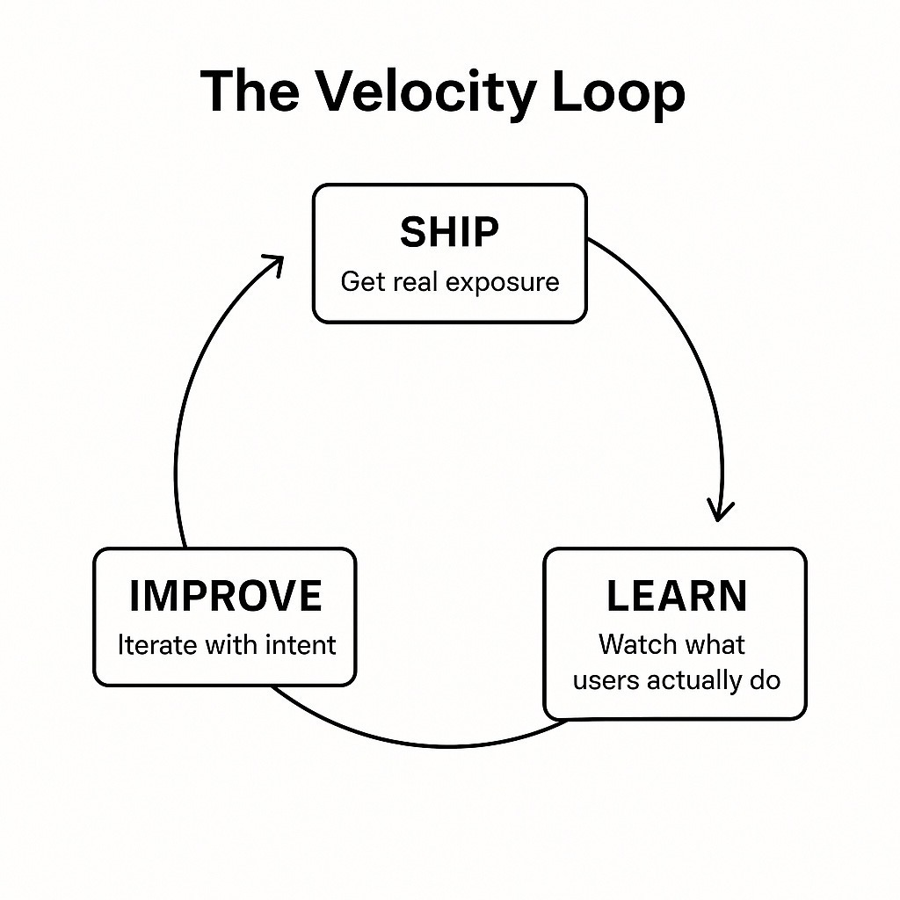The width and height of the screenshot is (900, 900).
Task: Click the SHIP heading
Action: click(449, 233)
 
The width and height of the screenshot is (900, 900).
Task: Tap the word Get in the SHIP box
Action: click(361, 282)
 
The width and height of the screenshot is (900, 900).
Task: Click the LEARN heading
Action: click(676, 597)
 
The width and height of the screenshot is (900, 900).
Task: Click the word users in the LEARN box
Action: click(606, 681)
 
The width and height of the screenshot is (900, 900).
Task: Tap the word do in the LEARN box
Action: click(766, 681)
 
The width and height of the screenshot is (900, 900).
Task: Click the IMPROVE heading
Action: click(225, 597)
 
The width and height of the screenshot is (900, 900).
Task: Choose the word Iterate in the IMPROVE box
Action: click(157, 644)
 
